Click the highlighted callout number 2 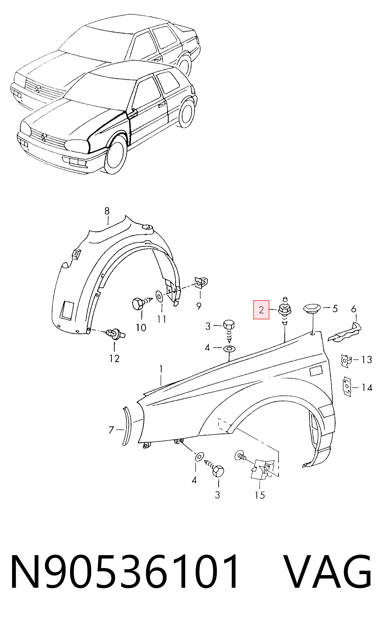click(x=261, y=310)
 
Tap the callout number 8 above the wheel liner click(x=107, y=211)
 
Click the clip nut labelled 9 click(x=202, y=283)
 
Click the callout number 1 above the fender click(x=161, y=369)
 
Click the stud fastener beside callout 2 click(x=285, y=311)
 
